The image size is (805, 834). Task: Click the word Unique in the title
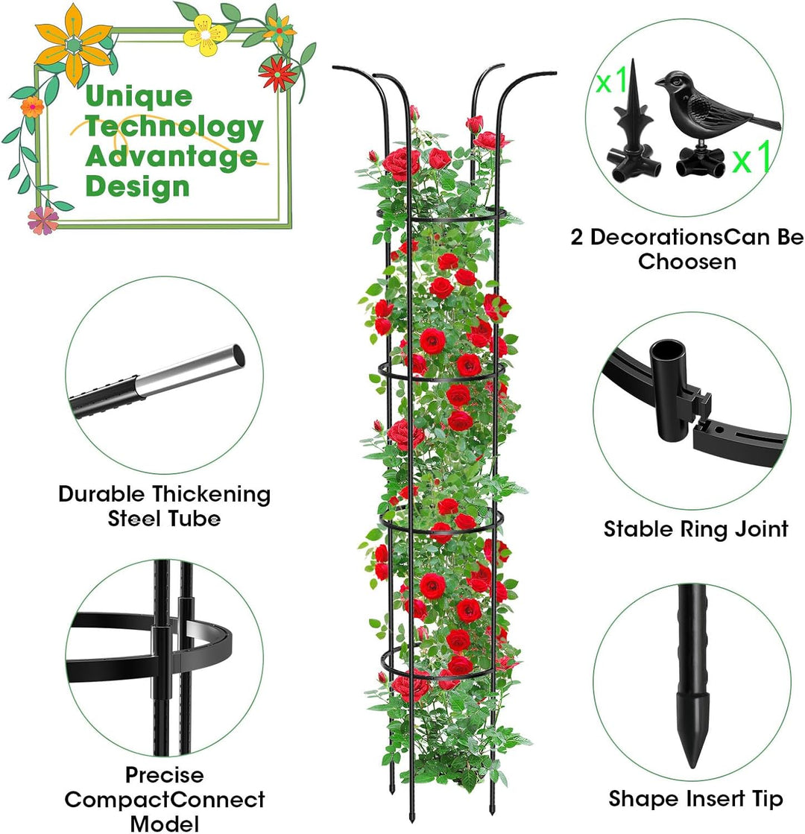point(139,97)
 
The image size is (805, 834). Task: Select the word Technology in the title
point(174,127)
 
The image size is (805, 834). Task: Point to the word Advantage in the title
point(171,157)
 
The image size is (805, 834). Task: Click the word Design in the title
point(137,186)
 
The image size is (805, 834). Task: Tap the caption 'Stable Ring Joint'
point(695,529)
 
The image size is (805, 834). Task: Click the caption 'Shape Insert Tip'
point(695,799)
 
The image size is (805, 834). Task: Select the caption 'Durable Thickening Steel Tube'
point(165,506)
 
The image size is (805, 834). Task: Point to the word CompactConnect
point(165,800)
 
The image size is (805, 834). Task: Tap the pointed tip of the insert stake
point(692,766)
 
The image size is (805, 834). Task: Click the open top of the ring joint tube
point(668,350)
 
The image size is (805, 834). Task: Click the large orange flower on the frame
point(74,45)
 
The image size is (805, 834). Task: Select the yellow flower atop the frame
point(205,34)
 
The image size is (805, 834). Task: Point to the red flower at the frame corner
point(277,73)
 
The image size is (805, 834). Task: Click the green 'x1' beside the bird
point(751,157)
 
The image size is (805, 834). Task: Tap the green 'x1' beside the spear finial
point(611,80)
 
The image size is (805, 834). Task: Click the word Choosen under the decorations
point(687,262)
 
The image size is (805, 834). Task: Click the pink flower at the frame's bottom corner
point(43,220)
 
